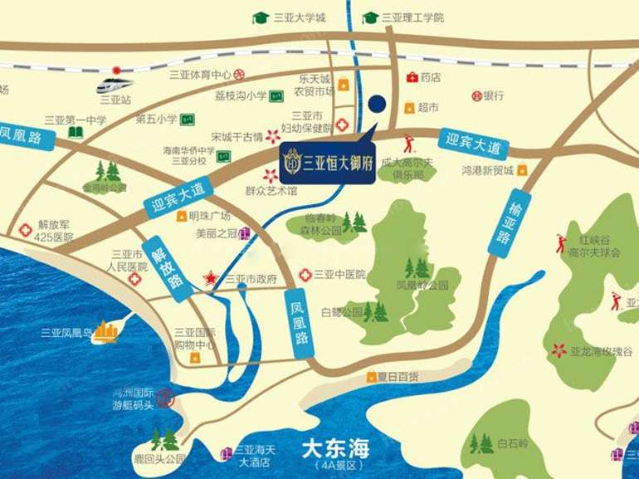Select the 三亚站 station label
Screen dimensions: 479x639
tap(115, 99)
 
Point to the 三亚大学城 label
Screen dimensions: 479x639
tap(293, 17)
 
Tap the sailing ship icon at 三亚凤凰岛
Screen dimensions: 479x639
tap(106, 332)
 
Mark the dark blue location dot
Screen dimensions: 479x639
tap(377, 104)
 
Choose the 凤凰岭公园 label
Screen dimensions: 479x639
tap(422, 284)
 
